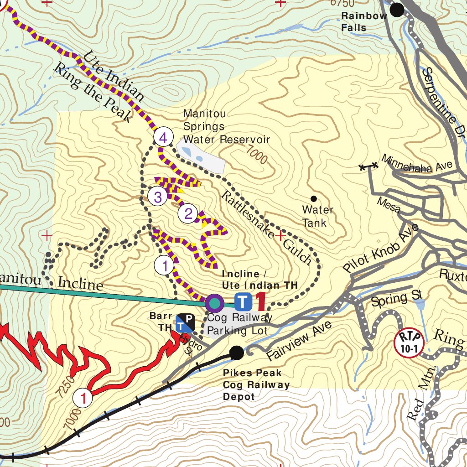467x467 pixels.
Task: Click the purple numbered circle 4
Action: pos(163,137)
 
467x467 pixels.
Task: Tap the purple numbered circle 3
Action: pos(158,197)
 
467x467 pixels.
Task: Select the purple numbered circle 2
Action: pos(188,213)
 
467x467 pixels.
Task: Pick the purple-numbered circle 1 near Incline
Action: pos(164,265)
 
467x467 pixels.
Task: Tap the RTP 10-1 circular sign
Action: pos(409,342)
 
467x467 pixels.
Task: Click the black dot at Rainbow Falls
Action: pos(397,10)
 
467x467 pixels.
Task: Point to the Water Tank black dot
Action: pos(314,198)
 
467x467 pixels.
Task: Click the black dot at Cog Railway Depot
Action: pos(236,353)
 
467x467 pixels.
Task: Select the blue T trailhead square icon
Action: pos(243,301)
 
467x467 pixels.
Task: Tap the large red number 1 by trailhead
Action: pos(260,301)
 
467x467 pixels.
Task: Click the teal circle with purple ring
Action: pos(214,302)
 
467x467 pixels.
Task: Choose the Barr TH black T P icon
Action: pos(186,322)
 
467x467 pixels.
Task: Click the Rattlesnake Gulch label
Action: pos(267,228)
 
